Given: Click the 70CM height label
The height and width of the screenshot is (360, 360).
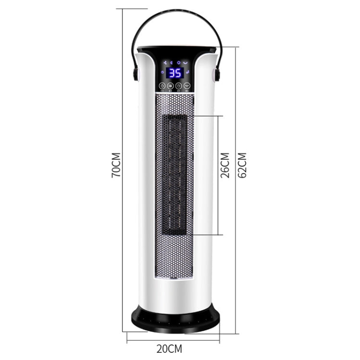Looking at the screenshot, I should tap(116, 166).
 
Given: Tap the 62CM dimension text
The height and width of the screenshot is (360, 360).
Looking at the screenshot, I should tap(242, 166).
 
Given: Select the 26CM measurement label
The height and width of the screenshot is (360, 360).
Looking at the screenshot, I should tap(225, 166).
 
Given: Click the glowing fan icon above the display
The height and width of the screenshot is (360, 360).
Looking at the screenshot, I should tap(165, 63).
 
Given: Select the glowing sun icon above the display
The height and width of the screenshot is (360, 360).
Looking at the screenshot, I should tap(179, 63).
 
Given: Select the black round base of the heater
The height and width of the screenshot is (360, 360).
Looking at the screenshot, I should tap(176, 319).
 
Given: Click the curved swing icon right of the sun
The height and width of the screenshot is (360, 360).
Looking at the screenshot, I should tap(186, 63).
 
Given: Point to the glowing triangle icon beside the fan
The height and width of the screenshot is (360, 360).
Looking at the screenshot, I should tap(171, 63).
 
